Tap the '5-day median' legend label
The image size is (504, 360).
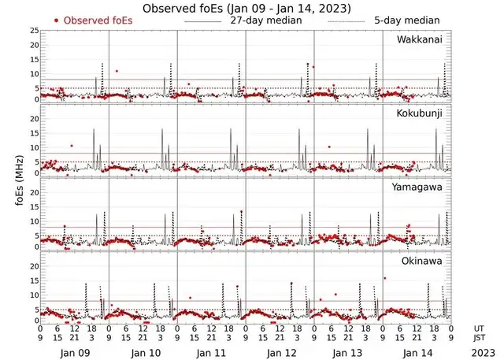click(x=409, y=20)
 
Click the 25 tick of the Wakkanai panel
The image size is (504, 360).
click(x=33, y=30)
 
